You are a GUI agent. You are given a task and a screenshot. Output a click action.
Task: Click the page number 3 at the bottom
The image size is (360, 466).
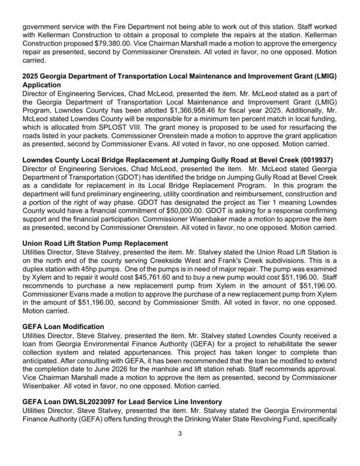(180, 450)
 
